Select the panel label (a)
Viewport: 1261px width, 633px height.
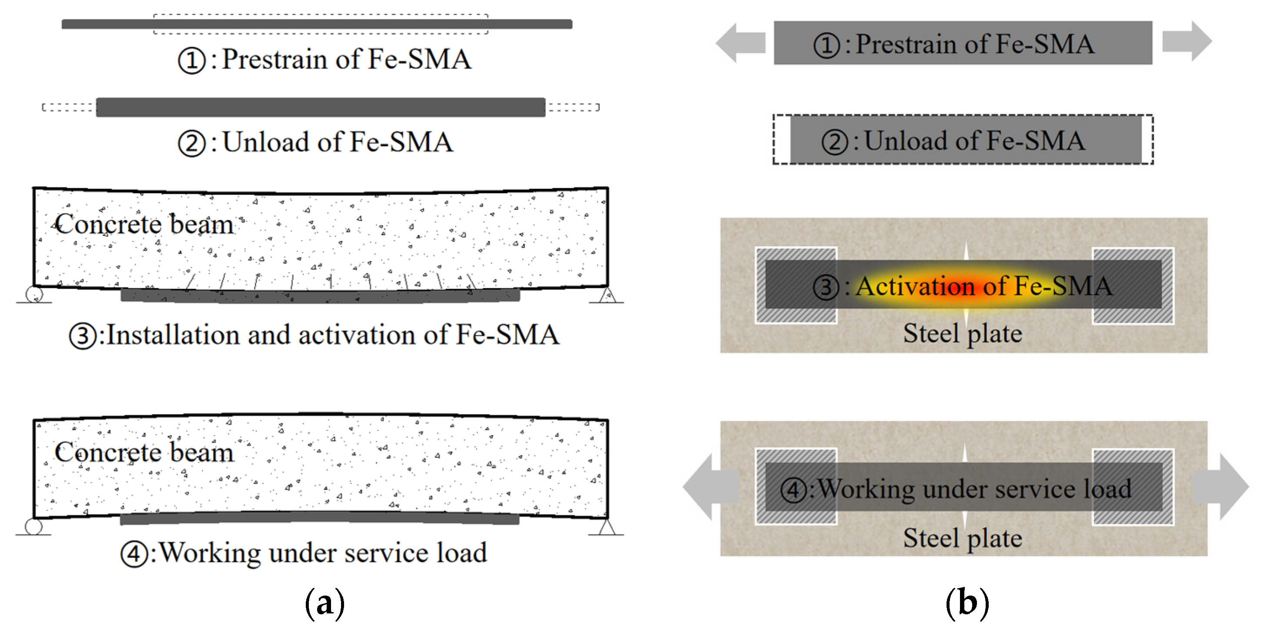(324, 603)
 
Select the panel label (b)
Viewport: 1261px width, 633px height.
(967, 603)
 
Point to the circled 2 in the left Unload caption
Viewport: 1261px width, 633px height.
(191, 144)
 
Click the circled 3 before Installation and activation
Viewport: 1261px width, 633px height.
(83, 336)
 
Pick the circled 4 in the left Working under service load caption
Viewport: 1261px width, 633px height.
(134, 554)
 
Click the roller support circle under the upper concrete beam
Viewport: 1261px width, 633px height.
(34, 294)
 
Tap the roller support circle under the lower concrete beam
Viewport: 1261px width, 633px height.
(34, 527)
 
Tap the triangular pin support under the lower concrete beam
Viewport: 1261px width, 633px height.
(607, 527)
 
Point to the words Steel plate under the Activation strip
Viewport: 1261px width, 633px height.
(963, 334)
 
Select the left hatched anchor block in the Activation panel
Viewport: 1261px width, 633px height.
(796, 285)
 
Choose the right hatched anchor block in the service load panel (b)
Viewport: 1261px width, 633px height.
(1133, 487)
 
